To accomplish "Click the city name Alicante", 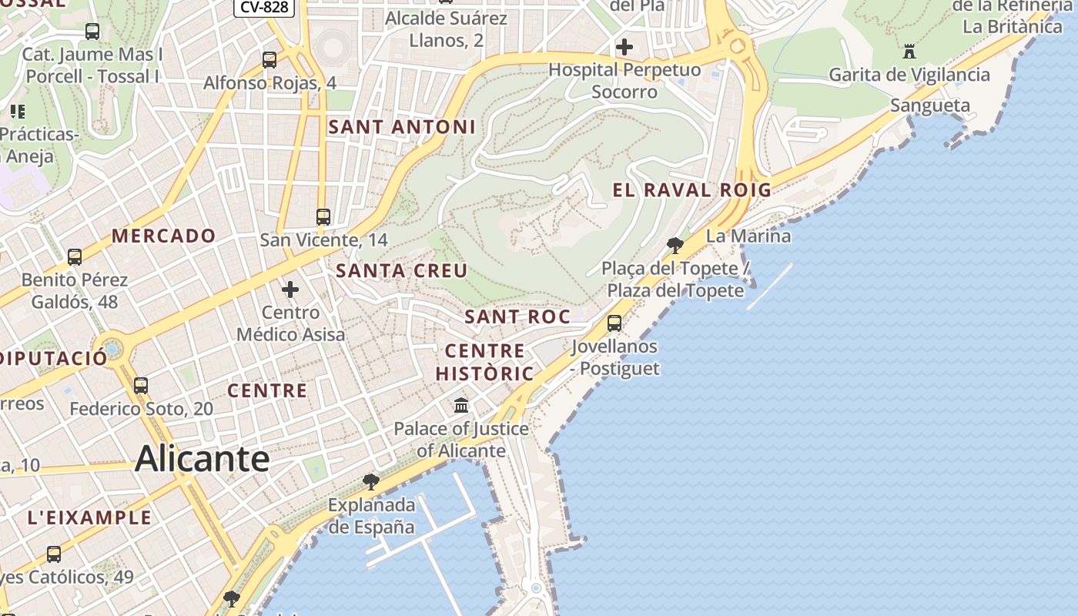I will tap(202, 459).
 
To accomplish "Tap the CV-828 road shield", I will tap(265, 7).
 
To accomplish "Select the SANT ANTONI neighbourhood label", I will tap(402, 127).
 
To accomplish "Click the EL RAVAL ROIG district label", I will tap(691, 190).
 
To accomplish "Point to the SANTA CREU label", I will tap(402, 270).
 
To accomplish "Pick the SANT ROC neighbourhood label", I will tap(517, 316).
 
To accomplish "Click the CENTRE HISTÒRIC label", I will tap(484, 363).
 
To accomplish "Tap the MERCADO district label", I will tap(164, 236).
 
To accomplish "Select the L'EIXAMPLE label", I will tap(89, 517).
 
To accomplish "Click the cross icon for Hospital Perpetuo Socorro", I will tap(624, 47).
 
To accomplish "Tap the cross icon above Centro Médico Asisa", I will tap(290, 290).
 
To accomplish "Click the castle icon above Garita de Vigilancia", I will tap(909, 52).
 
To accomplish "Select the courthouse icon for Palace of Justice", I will tap(461, 405).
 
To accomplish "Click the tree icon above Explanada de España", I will tap(370, 482).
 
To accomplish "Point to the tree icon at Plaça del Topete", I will tap(675, 246).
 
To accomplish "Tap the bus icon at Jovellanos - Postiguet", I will tap(614, 323).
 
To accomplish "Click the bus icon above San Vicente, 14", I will tap(323, 217).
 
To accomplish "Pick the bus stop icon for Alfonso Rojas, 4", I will tap(269, 59).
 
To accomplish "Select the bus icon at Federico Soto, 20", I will tap(141, 386).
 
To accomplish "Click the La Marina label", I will tap(748, 236).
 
